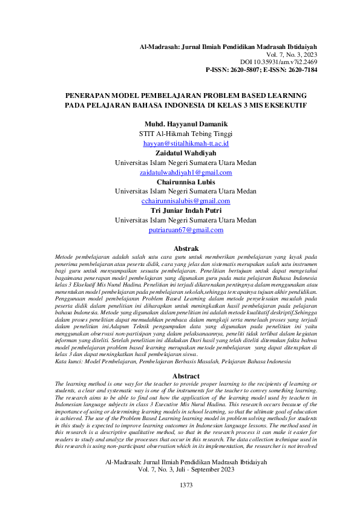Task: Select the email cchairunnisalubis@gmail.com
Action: click(x=185, y=201)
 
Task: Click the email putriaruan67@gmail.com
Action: click(x=186, y=230)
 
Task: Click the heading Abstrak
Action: click(x=186, y=248)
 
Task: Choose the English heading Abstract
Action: click(x=186, y=375)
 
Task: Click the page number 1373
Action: click(x=186, y=485)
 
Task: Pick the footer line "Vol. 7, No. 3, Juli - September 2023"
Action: click(x=186, y=469)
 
